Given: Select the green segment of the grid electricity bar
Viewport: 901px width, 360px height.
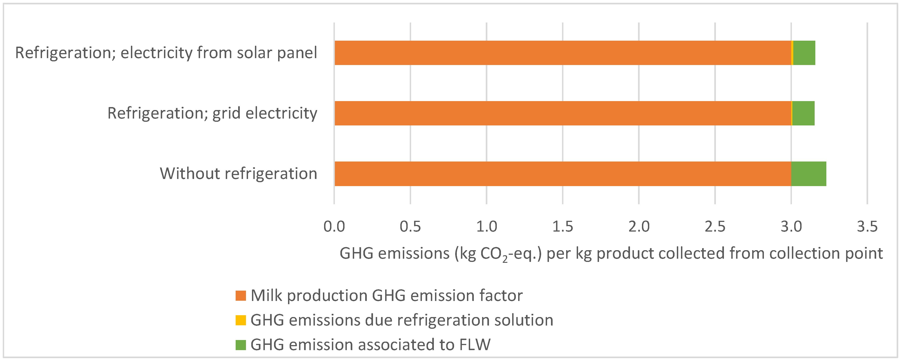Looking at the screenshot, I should click(803, 113).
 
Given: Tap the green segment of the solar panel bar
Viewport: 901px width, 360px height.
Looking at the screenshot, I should click(804, 53).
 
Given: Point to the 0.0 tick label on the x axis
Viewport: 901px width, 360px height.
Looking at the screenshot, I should click(334, 227).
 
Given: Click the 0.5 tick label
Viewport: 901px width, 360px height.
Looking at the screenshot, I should click(410, 227).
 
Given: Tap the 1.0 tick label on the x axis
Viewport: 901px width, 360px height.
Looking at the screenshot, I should click(486, 227).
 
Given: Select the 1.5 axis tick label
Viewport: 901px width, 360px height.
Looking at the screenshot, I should click(562, 227).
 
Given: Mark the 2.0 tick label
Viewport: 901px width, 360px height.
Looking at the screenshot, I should click(639, 227).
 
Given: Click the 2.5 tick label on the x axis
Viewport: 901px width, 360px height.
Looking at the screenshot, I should click(715, 227).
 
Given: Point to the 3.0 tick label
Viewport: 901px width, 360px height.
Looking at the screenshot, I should click(791, 227).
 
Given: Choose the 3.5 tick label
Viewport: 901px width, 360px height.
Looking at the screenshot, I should click(867, 227).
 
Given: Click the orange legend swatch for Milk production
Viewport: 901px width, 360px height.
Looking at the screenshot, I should click(241, 296).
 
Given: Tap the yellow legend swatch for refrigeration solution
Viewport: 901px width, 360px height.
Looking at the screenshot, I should click(241, 320).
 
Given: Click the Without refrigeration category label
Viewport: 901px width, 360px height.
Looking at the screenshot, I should click(239, 173).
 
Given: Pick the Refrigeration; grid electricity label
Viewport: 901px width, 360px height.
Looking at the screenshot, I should click(212, 113).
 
